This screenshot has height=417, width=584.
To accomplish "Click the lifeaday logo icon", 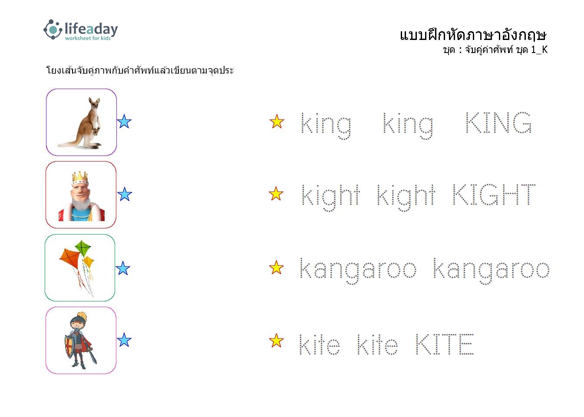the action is point(53,30).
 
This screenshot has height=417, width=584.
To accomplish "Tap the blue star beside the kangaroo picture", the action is point(124,122).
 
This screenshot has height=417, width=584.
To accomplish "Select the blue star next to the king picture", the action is point(125,194).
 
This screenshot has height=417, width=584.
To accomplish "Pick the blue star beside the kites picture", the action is point(123,268).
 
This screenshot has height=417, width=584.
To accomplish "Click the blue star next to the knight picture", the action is point(124,340).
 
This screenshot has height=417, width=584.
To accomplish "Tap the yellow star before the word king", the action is point(277,122).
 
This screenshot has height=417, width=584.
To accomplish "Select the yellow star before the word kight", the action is point(276,194).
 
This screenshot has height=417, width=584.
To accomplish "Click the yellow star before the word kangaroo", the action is point(276,268).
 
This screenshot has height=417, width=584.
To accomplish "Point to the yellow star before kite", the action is point(276,341).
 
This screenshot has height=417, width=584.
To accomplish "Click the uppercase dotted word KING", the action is point(498,122).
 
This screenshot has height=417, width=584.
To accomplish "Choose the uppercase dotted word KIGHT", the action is point(494,194).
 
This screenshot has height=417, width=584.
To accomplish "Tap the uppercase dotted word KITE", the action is point(445,344).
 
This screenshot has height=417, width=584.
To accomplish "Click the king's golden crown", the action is point(80,178).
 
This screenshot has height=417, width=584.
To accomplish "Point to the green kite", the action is point(83,248).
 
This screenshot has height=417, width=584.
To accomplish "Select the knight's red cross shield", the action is point(69,346).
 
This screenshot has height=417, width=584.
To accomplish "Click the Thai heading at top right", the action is point(473,35).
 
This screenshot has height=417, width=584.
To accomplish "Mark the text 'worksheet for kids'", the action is point(88,38).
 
